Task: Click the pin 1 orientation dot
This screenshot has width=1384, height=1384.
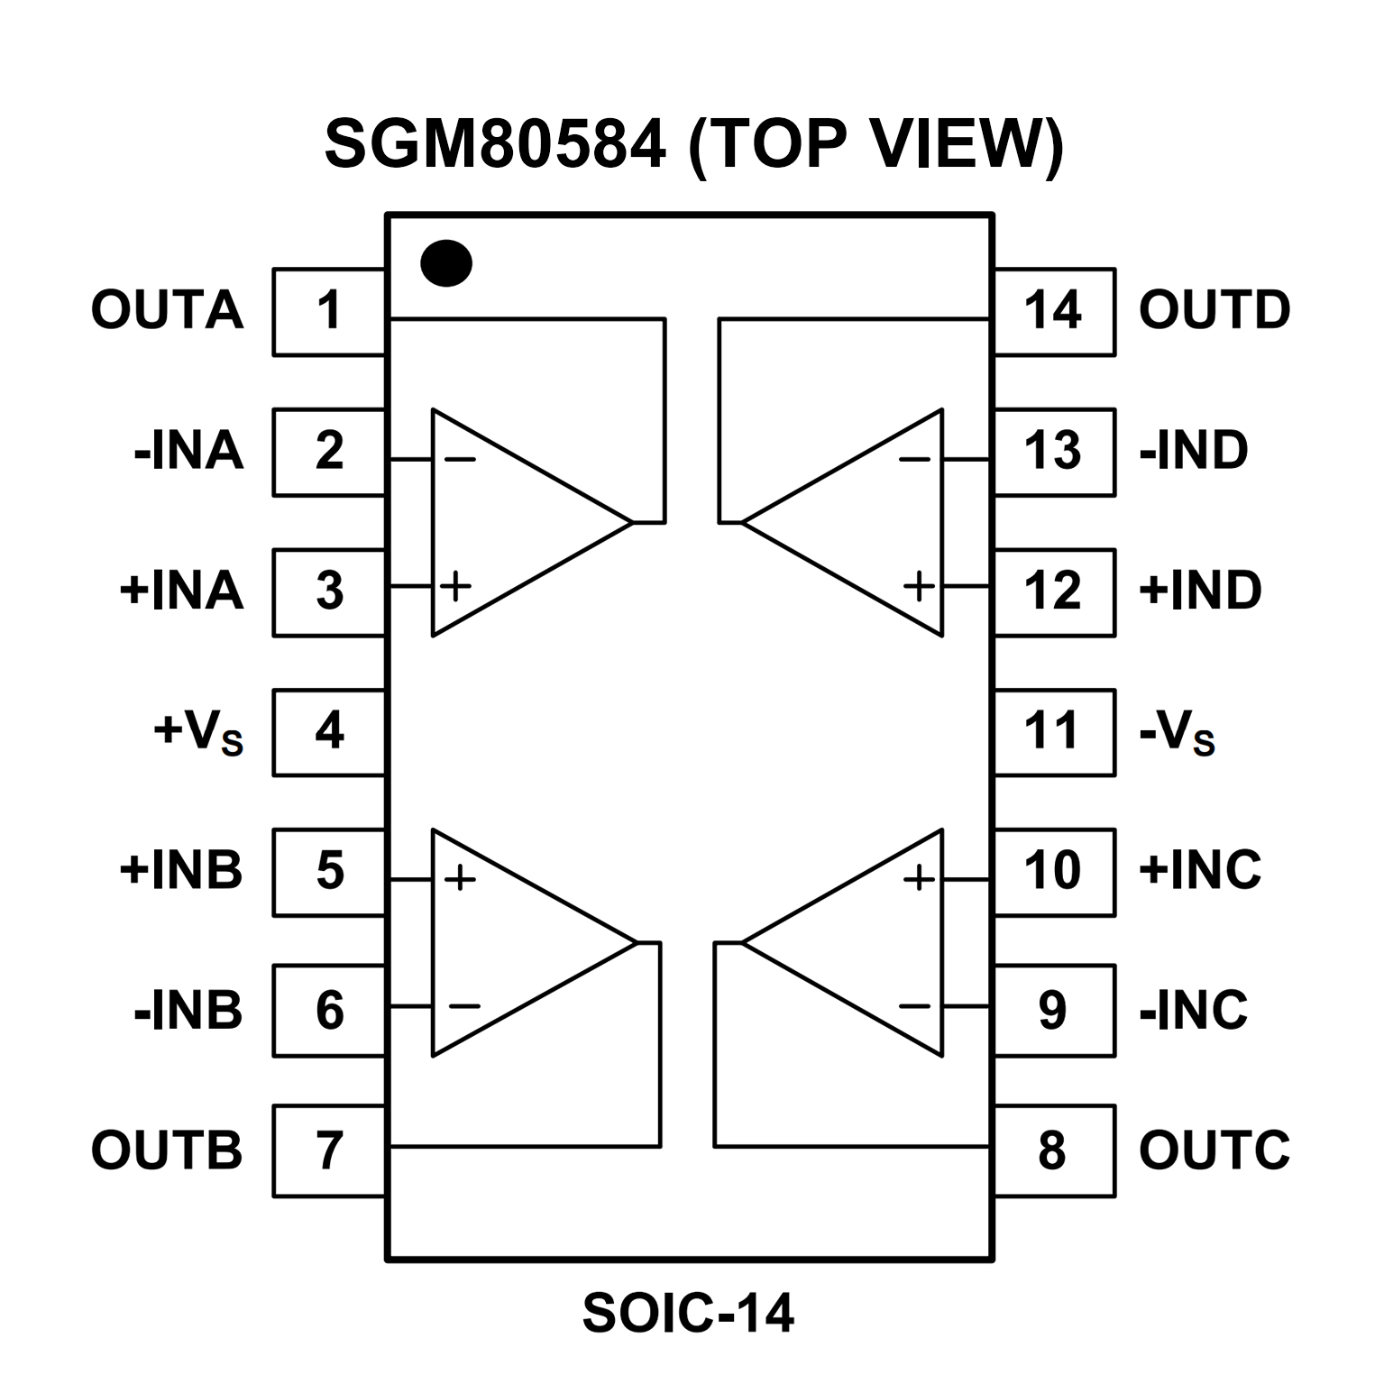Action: coord(446,263)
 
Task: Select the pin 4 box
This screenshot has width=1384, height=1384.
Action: coord(329,731)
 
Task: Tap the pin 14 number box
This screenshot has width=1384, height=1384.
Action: coord(1053,311)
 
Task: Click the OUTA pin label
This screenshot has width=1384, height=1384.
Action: coord(168,311)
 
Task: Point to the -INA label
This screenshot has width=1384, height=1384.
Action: coord(188,451)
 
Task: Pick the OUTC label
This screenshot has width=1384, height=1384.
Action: coord(1214,1150)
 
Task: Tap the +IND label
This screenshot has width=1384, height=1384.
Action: coord(1200,591)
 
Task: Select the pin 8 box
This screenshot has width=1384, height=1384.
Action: coord(1053,1151)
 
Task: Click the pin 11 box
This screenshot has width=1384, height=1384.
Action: coord(1053,731)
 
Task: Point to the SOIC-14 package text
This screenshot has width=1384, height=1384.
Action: coord(688,1313)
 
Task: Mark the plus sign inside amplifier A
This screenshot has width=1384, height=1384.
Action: coord(456,587)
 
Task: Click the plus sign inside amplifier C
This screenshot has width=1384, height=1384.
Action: coord(919,877)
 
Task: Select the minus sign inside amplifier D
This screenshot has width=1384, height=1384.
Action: coord(914,460)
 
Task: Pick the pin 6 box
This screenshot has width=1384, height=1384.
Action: coord(329,1011)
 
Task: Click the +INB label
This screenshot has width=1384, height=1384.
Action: coord(181,871)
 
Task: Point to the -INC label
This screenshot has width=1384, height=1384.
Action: coord(1194,1011)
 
